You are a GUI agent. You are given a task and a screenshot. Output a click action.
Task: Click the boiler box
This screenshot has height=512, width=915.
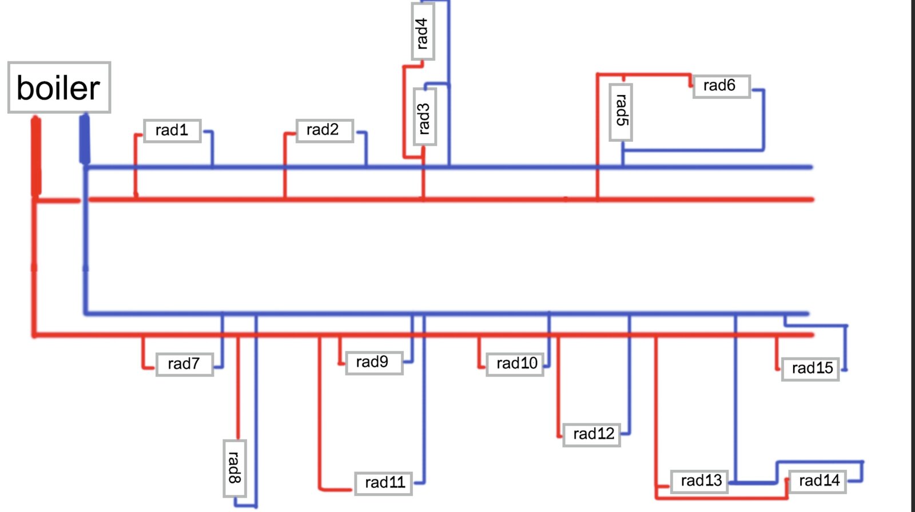59,88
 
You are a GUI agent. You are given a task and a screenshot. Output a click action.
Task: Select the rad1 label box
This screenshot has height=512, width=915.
172,130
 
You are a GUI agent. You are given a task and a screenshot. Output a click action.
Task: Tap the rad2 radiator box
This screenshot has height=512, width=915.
324,130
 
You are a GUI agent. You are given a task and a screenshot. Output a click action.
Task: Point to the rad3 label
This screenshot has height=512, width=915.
424,117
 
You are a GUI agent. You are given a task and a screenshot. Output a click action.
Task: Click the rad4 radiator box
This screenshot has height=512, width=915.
422,31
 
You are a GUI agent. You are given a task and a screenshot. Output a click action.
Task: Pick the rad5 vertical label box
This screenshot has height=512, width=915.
620,112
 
